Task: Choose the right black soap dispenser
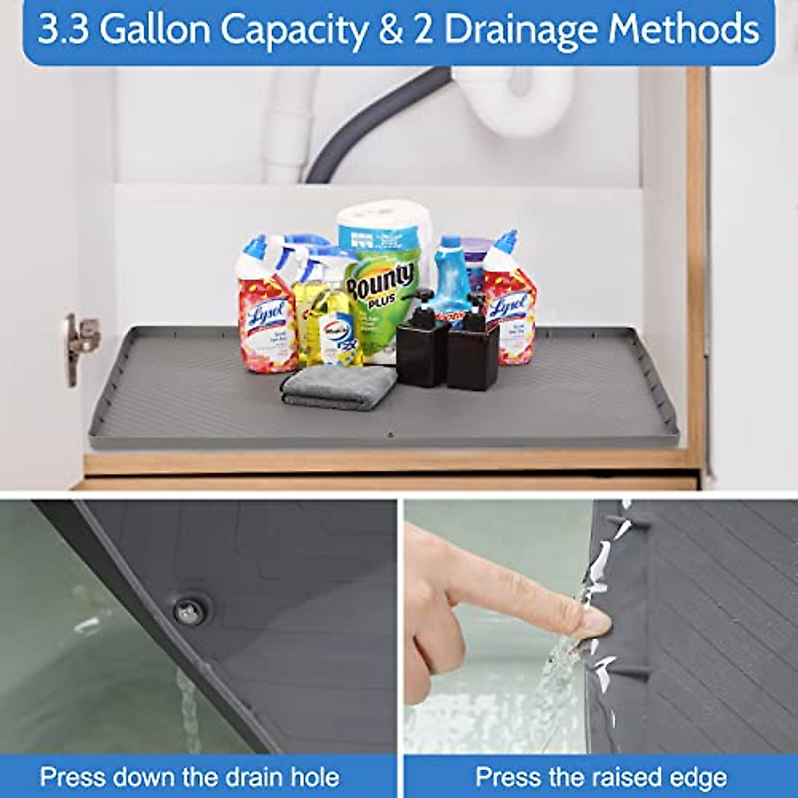tap(472, 352)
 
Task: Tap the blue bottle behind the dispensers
tap(452, 273)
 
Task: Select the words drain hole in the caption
tap(279, 776)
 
